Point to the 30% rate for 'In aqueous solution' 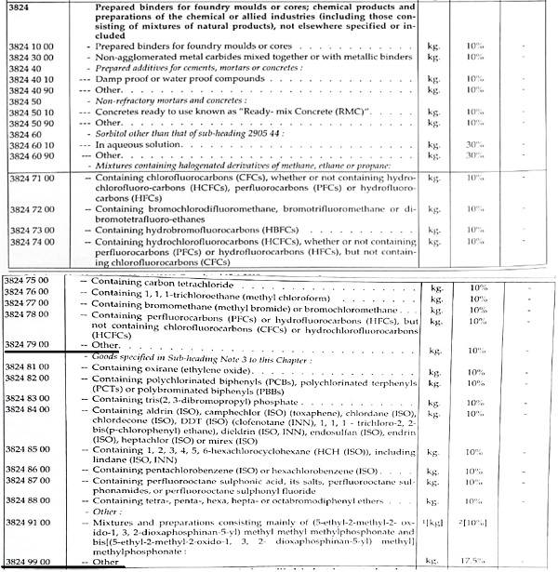pyautogui.click(x=477, y=145)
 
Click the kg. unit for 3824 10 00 pyautogui.click(x=432, y=47)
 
